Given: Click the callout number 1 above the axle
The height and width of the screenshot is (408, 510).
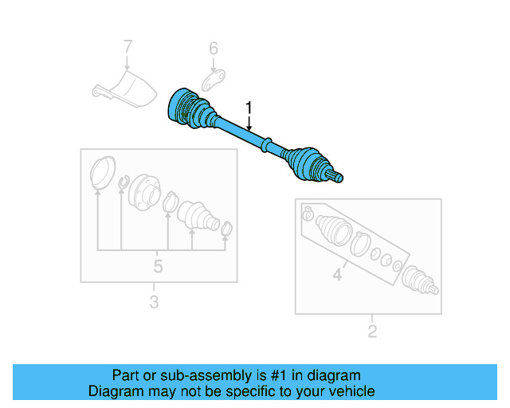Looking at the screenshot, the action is click(249, 107).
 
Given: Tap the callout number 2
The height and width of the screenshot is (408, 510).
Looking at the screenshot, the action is click(371, 331).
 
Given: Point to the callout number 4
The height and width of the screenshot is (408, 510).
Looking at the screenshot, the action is click(337, 276).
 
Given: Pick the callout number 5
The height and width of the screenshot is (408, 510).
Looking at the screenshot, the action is click(158, 265).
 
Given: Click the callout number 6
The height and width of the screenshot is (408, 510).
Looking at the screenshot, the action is click(214, 49).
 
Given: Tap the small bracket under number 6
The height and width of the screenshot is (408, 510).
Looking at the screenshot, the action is click(212, 80).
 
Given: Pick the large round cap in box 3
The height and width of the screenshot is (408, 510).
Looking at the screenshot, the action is click(100, 173).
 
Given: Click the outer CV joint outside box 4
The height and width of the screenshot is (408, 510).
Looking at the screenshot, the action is click(419, 280).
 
